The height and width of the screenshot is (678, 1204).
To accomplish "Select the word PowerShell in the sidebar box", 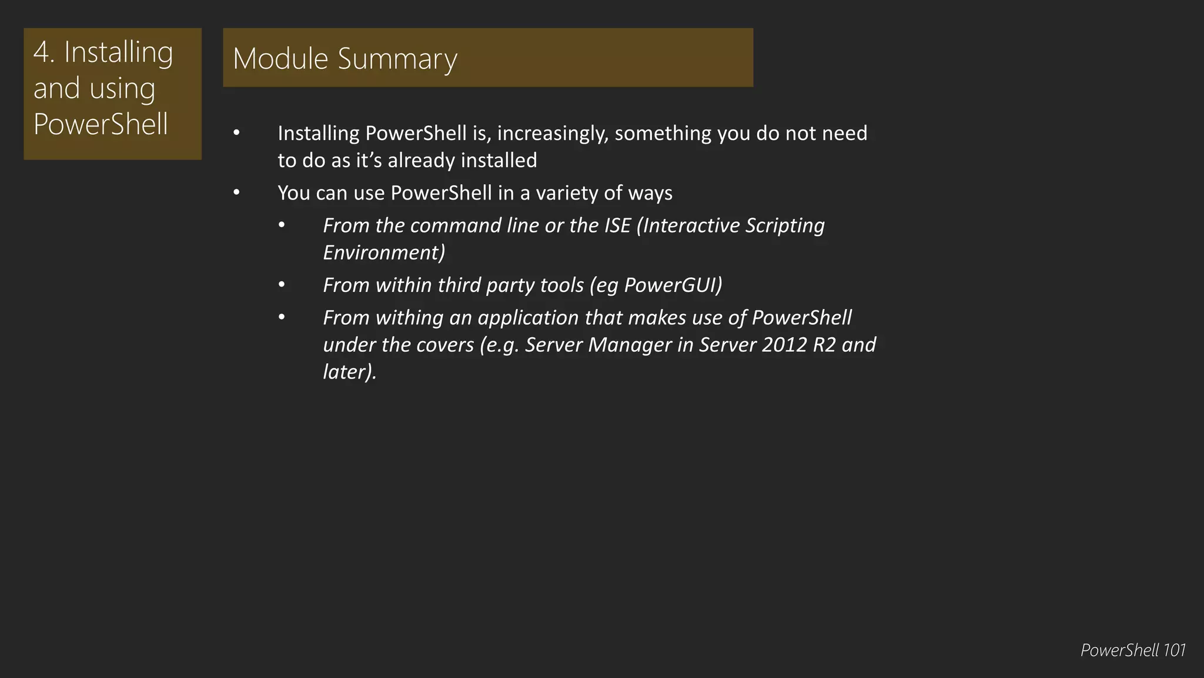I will pos(101,124).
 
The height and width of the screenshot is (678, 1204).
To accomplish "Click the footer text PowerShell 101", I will pos(1132,650).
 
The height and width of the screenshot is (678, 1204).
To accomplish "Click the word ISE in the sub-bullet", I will pos(617,225).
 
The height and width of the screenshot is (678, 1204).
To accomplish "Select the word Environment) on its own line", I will pos(384,252).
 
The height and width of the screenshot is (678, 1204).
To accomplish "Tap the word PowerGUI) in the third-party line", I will pos(673,285).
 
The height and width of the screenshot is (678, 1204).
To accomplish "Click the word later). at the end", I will pos(350,372).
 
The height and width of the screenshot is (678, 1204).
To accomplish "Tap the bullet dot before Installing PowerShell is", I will pos(236,134).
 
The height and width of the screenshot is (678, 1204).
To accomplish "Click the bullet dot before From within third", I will pos(282,285).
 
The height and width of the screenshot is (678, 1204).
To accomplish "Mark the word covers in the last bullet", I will pos(445,345).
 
